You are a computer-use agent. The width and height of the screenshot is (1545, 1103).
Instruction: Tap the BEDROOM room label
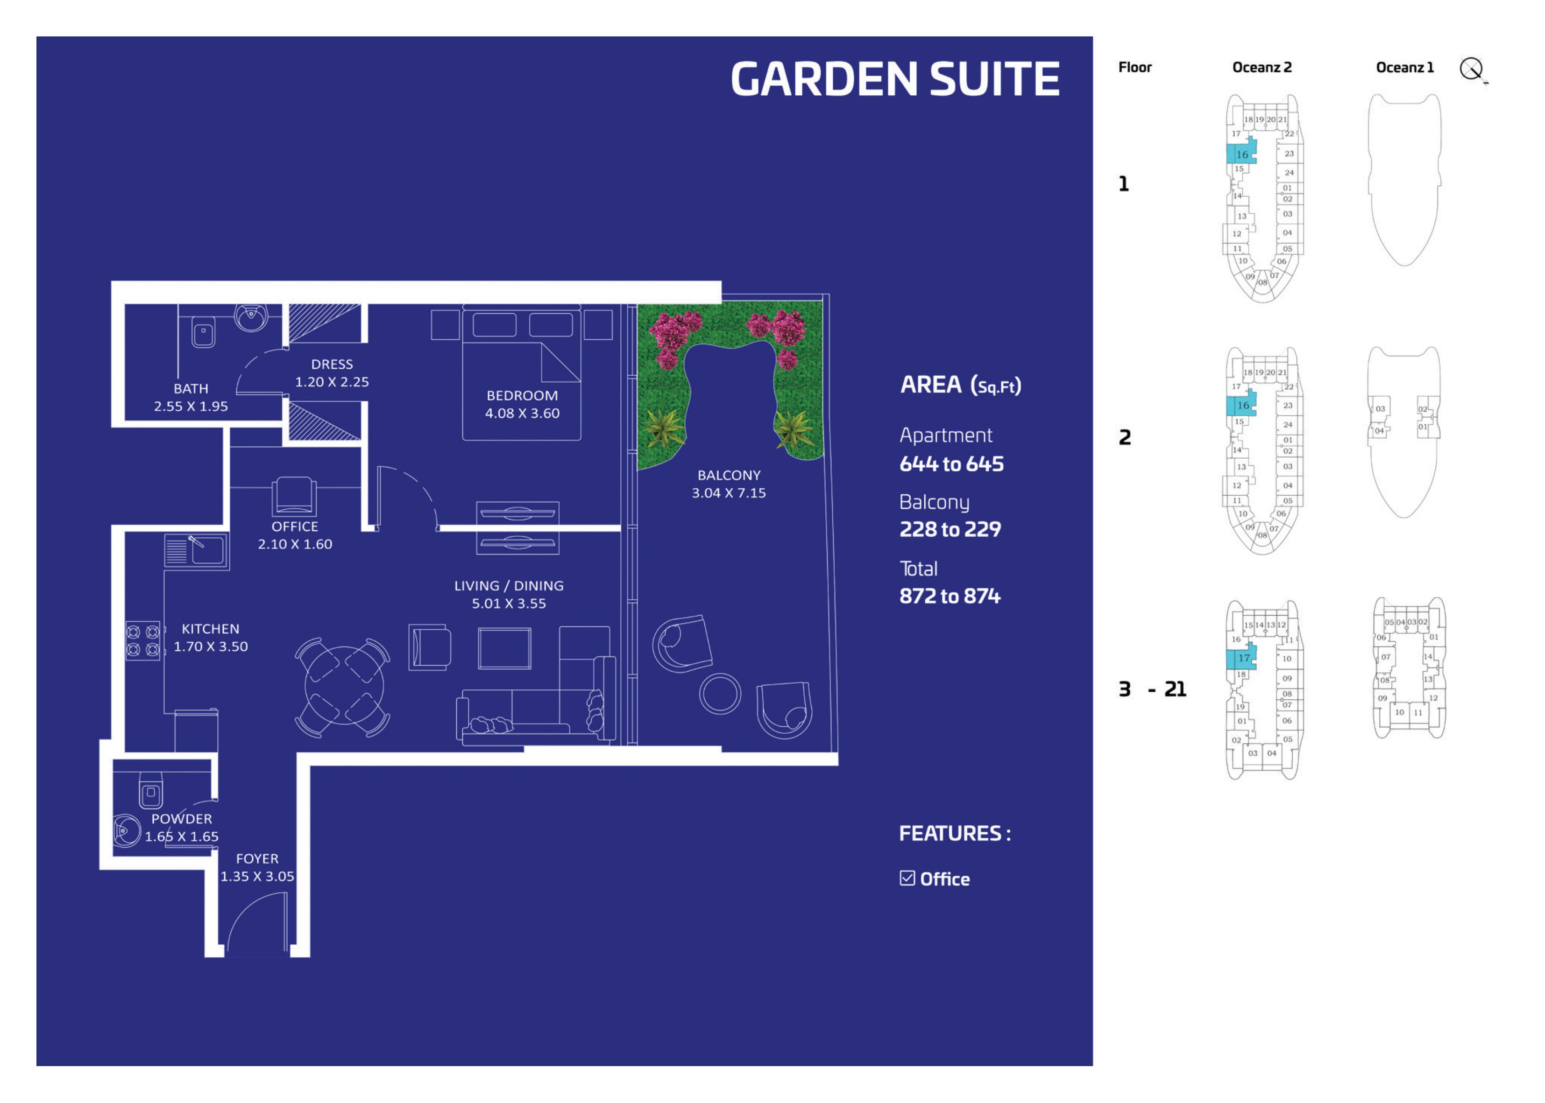522,395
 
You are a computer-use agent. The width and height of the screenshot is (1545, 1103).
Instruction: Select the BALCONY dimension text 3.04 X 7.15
728,493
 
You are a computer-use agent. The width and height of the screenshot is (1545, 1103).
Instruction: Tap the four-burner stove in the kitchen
143,640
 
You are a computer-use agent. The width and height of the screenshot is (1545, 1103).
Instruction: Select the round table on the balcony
720,694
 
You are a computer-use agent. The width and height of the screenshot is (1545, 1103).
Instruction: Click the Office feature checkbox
907,878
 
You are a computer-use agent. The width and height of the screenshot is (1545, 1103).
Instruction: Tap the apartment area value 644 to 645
951,464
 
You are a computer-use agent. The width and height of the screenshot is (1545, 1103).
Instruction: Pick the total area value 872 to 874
950,597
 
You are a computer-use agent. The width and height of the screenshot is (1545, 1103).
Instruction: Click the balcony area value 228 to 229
950,530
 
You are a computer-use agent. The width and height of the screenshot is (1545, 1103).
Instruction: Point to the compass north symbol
1472,69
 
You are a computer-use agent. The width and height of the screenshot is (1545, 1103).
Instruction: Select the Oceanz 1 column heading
1404,67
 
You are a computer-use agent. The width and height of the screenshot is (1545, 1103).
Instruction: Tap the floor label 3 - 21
1152,689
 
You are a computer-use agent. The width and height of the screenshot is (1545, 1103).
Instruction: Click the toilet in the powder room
151,790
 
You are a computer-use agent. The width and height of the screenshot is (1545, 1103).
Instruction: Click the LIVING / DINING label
509,585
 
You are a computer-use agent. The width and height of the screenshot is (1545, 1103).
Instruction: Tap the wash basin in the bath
251,317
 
